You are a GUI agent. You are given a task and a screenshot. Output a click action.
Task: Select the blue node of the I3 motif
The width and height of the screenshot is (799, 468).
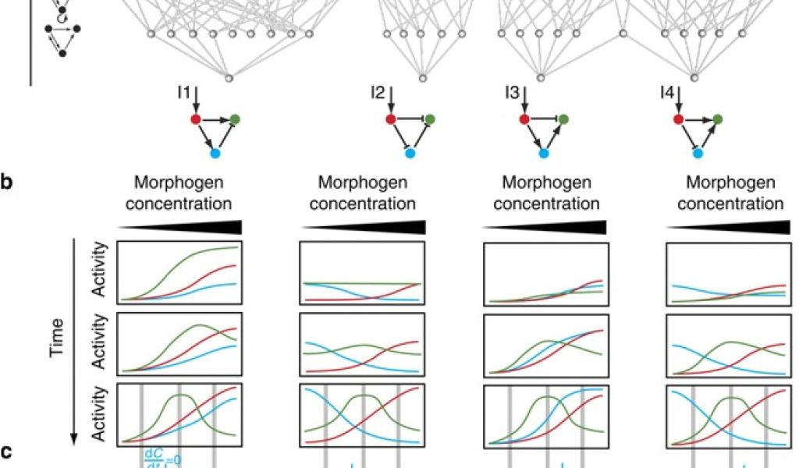click(x=544, y=154)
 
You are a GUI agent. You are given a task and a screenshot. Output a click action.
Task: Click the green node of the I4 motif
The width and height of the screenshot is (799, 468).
click(x=717, y=119)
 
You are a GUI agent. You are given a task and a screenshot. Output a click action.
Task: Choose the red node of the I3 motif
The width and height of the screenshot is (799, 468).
click(x=524, y=119)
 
